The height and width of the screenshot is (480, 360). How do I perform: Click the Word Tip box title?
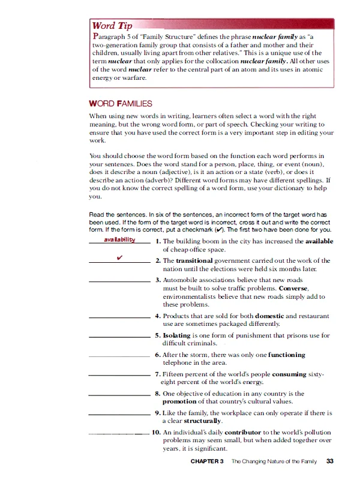pos(111,26)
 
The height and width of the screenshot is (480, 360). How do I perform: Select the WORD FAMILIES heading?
pos(120,104)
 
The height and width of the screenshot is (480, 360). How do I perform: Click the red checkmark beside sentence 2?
pos(120,259)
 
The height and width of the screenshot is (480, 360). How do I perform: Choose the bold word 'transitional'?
pos(198,261)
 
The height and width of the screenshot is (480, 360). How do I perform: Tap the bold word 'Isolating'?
pos(176,335)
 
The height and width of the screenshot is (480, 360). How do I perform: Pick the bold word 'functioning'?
pos(286,355)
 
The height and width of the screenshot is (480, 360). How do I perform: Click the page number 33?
pos(330,461)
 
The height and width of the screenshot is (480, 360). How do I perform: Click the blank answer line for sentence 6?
pos(119,357)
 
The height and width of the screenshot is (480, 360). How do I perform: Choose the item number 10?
pos(155,432)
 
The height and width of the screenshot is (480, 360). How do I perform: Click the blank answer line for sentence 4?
pos(119,317)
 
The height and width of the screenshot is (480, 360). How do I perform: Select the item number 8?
pos(157,394)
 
